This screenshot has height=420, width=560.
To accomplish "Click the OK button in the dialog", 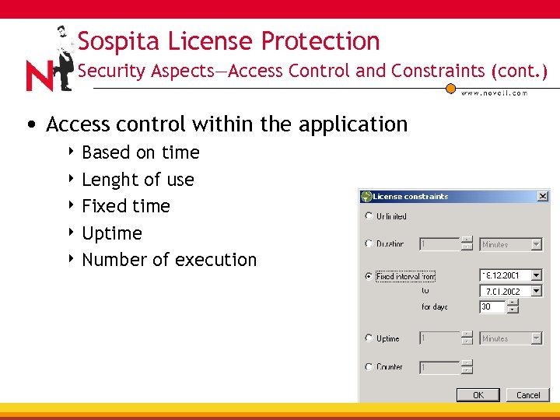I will tap(478, 394).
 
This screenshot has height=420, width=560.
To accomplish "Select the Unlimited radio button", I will tap(369, 216).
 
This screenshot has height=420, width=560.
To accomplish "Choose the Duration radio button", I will tap(369, 243).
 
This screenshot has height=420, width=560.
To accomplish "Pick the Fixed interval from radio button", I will tap(369, 276).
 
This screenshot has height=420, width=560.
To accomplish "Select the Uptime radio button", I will tap(369, 338).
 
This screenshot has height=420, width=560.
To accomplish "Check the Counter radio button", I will tap(369, 366).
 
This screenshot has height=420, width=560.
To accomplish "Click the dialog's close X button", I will tap(543, 197).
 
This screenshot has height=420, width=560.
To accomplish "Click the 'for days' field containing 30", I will tap(492, 307).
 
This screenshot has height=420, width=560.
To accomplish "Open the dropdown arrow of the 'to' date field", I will tap(536, 291).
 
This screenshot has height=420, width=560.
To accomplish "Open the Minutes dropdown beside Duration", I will tap(536, 244).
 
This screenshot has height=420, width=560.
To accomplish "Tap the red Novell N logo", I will tap(40, 75).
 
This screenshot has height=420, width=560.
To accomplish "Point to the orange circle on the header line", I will tap(450, 88).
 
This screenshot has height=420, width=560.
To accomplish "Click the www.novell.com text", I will tap(494, 93).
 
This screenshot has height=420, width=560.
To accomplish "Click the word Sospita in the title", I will tap(115, 41).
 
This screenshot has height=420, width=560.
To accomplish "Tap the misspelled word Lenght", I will tap(108, 180).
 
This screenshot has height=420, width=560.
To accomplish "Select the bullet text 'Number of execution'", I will tap(169, 260).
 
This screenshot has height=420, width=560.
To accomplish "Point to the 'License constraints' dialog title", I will tap(411, 197).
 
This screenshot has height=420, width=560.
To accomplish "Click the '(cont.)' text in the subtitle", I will tap(519, 71).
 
